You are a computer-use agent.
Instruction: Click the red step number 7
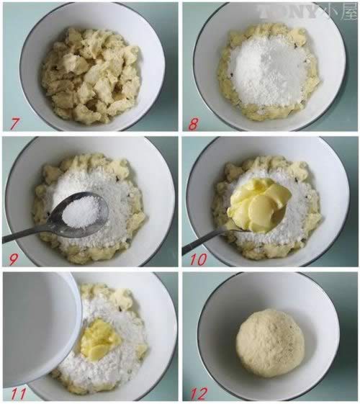[x=14, y=123]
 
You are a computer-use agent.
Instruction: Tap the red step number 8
[x=194, y=124]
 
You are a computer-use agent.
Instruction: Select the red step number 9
[x=13, y=259]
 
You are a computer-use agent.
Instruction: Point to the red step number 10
[x=199, y=259]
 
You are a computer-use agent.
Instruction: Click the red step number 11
[x=19, y=394]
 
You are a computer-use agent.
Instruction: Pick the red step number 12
[x=199, y=394]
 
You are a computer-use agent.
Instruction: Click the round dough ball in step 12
[x=271, y=338]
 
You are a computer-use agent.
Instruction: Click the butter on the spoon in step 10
[x=258, y=205]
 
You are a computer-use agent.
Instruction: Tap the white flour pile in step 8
[x=268, y=70]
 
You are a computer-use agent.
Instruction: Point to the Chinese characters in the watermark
[x=338, y=12]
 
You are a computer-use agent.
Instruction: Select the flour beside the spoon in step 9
[x=116, y=196]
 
